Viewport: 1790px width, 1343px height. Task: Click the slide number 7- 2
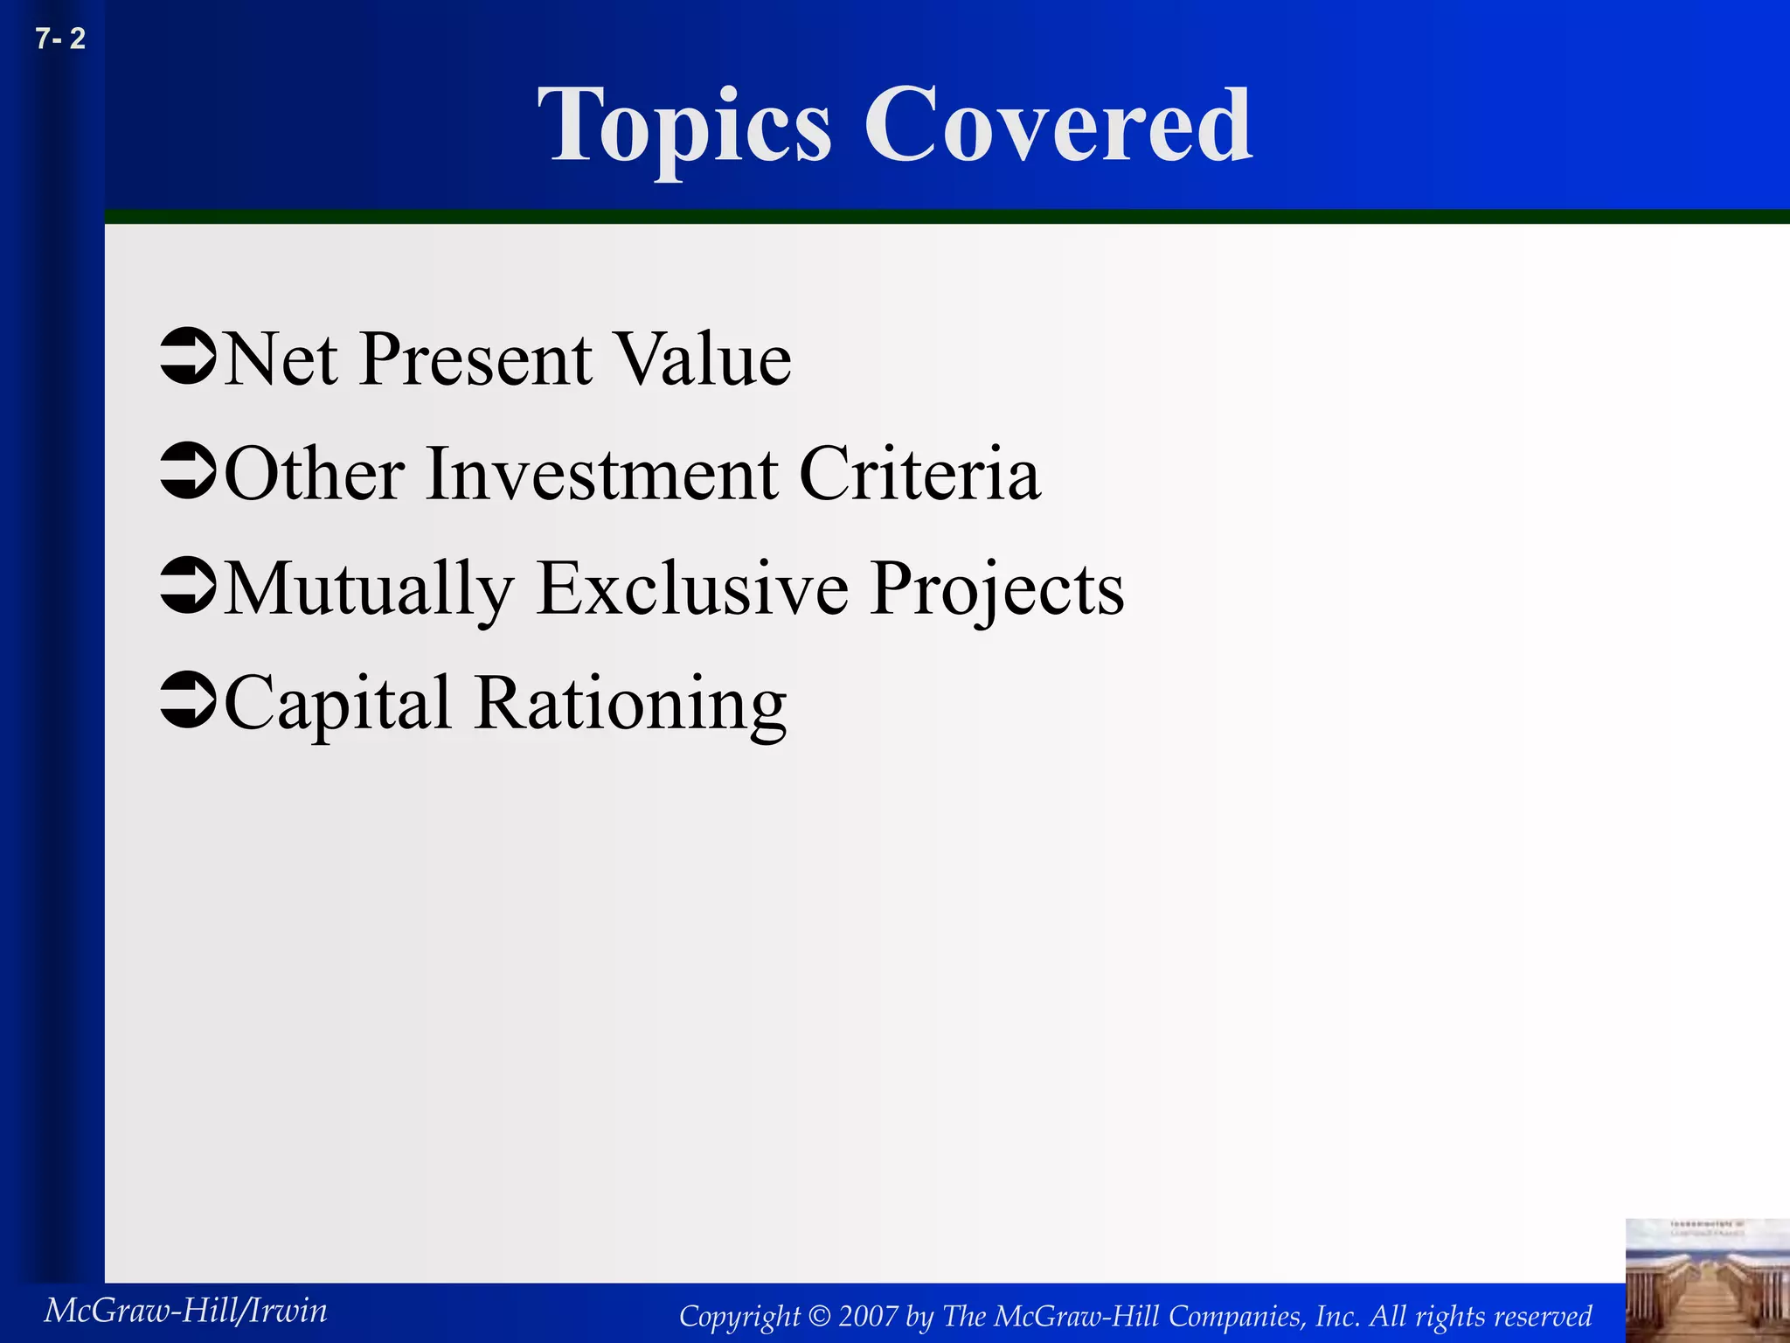point(60,39)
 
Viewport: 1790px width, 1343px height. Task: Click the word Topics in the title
point(684,128)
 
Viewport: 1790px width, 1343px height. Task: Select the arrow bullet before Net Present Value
point(188,358)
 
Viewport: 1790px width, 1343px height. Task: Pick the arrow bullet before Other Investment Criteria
point(188,472)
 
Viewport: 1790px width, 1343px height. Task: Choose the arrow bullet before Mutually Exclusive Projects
point(188,587)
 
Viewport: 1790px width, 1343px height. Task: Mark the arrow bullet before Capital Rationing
point(188,701)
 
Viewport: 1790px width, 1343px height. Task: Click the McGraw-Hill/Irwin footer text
point(185,1311)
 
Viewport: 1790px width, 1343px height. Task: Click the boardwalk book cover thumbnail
point(1707,1281)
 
